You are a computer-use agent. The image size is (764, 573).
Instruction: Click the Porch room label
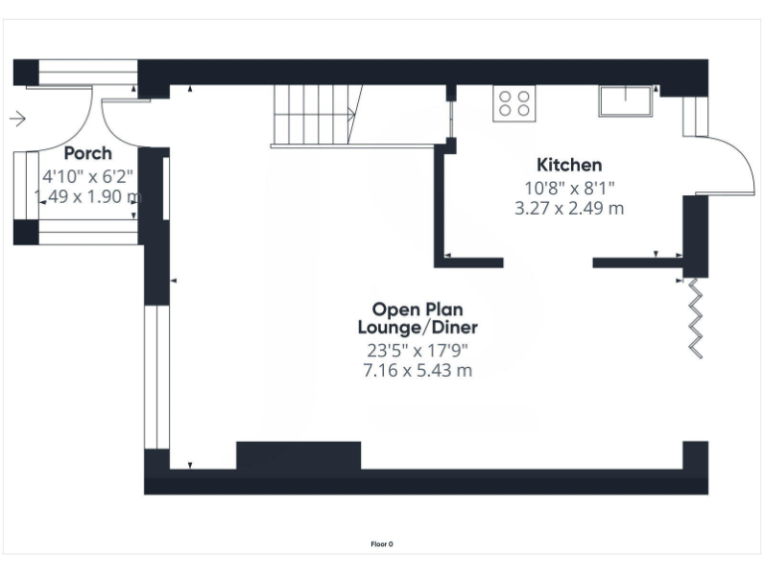click(88, 154)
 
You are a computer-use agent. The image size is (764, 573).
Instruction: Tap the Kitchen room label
click(569, 165)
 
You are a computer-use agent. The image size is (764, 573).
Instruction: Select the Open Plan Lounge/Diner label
click(418, 318)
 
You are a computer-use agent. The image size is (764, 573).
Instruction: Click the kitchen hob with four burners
click(514, 102)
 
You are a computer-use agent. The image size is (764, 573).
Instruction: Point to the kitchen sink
click(625, 101)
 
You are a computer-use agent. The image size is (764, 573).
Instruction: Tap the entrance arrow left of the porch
click(18, 119)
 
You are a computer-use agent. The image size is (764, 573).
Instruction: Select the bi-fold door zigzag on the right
click(697, 315)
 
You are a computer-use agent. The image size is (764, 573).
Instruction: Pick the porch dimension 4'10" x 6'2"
click(88, 176)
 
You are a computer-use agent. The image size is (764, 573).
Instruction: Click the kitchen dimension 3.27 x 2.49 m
click(569, 208)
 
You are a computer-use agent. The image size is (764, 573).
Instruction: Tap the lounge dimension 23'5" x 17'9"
click(418, 350)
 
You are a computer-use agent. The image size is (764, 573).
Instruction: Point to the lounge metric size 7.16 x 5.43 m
click(418, 370)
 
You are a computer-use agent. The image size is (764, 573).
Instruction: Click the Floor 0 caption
click(382, 544)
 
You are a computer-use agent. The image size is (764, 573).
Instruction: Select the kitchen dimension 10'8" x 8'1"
click(569, 187)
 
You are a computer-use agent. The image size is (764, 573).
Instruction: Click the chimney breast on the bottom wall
click(297, 456)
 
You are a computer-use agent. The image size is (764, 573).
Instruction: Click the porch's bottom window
click(88, 237)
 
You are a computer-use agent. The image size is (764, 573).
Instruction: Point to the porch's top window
click(88, 73)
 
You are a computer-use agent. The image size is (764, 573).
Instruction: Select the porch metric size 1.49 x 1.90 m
click(88, 197)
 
